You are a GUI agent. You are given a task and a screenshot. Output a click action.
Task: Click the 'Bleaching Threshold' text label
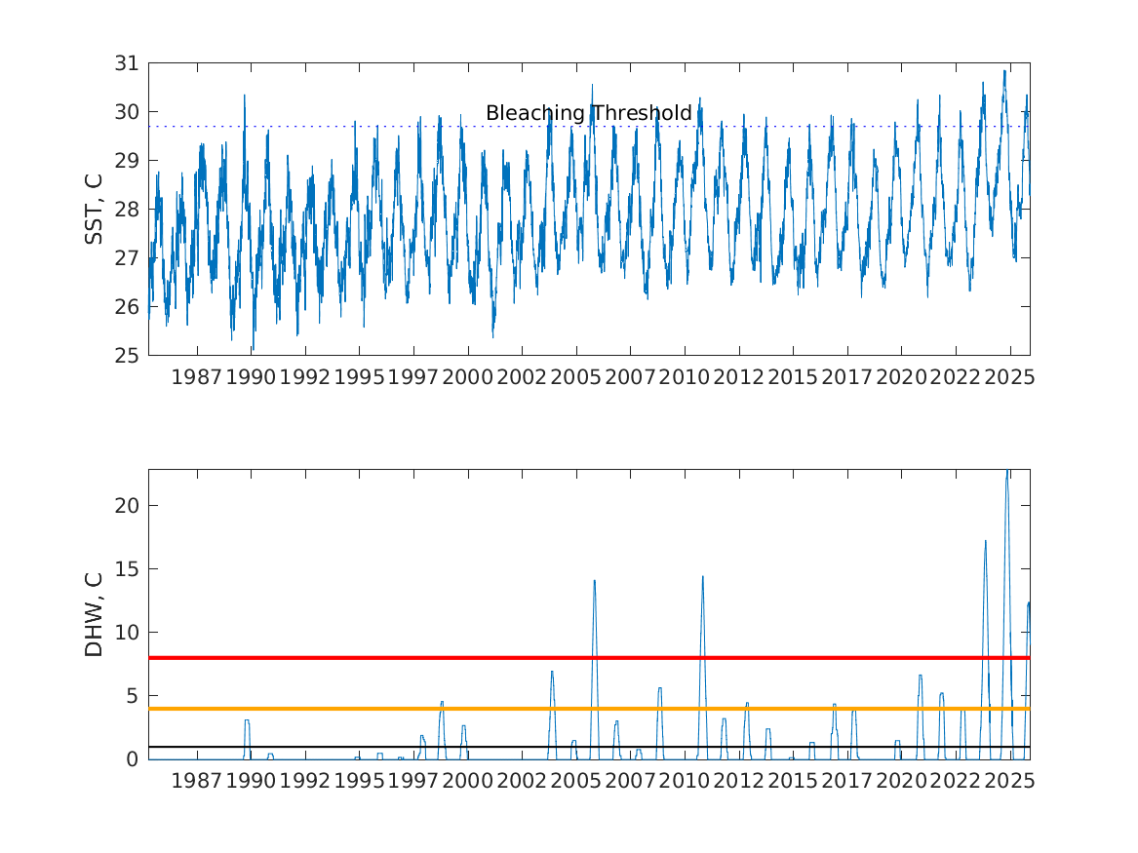pos(588,113)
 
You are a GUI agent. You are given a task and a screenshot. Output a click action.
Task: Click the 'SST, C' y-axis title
pos(94,209)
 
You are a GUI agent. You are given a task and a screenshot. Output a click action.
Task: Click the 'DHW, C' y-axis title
pos(94,614)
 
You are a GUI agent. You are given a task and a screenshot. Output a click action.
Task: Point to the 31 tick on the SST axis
pos(128,63)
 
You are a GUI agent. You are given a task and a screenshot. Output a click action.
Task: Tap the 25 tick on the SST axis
pos(128,355)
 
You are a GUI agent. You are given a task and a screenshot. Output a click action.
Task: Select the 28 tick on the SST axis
pos(128,209)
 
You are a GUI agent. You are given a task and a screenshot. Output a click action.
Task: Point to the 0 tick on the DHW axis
pos(133,758)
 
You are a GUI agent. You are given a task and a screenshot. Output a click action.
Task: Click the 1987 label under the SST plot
pos(197,376)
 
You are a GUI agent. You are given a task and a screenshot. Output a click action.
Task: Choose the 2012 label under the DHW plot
pos(738,780)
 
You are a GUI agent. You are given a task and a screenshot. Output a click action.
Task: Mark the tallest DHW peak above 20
pos(1006,472)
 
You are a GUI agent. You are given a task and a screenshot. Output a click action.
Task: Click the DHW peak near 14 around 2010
pos(702,577)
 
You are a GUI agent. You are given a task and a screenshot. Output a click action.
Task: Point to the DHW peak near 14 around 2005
pos(594,581)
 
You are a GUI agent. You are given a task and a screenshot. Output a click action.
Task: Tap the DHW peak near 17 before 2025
pos(985,542)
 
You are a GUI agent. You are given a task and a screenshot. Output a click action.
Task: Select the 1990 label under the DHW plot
pos(251,780)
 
